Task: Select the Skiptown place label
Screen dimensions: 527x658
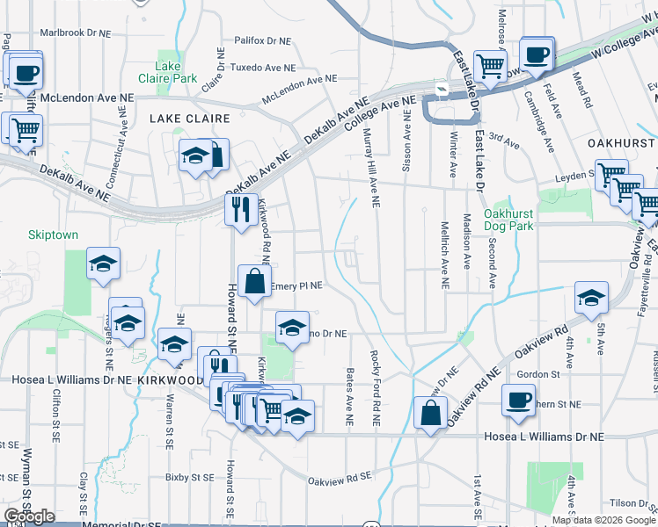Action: tap(53, 235)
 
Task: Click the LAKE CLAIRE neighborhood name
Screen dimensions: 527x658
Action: tap(189, 118)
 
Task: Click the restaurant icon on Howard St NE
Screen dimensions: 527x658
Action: tap(238, 210)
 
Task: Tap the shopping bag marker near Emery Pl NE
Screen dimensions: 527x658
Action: tap(254, 282)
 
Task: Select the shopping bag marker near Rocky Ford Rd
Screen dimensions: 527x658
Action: tap(428, 414)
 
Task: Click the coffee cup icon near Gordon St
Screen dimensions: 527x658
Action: tap(518, 401)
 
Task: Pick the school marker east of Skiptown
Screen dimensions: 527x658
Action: tap(103, 263)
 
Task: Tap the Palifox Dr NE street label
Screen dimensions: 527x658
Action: tap(262, 40)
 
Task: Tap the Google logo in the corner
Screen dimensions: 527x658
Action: tap(29, 516)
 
